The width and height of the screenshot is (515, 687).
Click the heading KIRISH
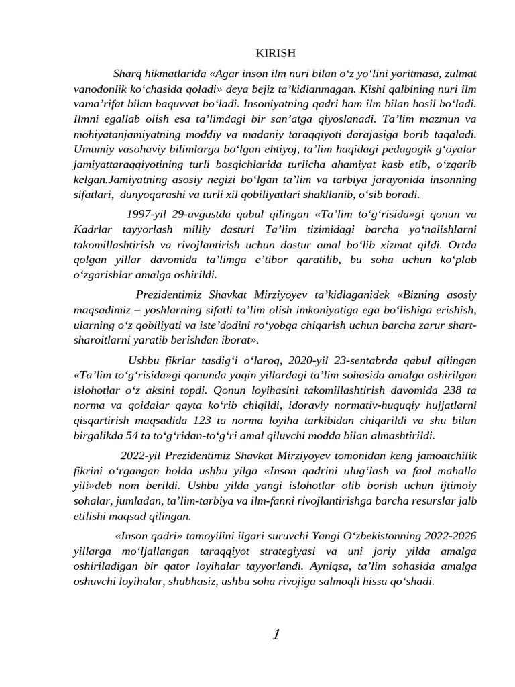click(x=276, y=53)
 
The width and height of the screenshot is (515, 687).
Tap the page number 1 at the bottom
click(x=276, y=635)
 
